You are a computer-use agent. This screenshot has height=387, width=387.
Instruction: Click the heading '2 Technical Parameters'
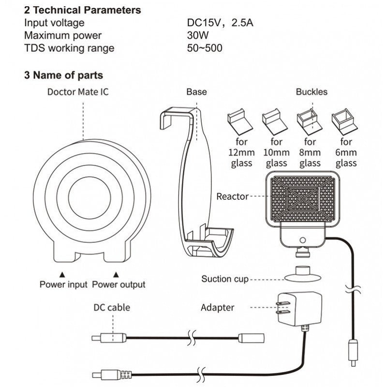[83, 10]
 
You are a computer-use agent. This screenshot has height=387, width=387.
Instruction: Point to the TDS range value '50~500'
[205, 48]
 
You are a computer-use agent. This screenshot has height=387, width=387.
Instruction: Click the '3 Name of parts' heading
[63, 75]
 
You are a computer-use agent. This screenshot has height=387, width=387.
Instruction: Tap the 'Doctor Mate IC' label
[74, 92]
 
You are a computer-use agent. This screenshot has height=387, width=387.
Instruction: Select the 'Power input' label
[63, 284]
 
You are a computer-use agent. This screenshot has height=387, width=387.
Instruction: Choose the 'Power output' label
[119, 284]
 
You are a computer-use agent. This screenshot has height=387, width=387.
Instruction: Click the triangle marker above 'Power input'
[62, 273]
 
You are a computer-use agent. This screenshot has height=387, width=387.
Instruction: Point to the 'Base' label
[196, 92]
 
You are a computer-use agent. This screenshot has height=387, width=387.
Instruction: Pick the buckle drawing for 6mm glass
[344, 122]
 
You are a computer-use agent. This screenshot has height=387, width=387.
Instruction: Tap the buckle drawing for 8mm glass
[310, 121]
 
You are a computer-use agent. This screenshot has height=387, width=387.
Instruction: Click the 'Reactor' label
[233, 196]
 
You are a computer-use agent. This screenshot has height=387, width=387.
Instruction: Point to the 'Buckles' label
[312, 92]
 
